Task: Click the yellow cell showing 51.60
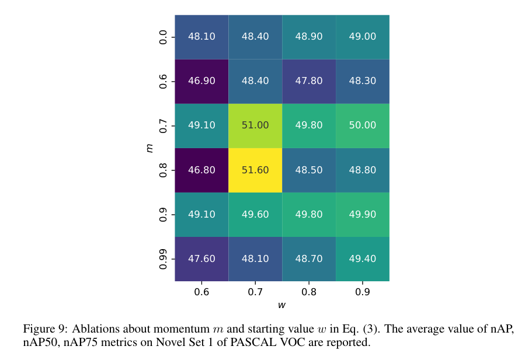(255, 170)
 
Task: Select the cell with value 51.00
(255, 125)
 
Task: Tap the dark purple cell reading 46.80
(201, 170)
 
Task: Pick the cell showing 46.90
(201, 81)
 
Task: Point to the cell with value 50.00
(362, 125)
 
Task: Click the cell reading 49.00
(362, 36)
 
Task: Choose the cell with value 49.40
(362, 258)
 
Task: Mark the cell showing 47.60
(201, 258)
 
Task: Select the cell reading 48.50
(308, 170)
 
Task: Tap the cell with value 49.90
(362, 214)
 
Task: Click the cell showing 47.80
(308, 81)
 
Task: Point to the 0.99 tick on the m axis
(164, 258)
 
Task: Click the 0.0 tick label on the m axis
(164, 37)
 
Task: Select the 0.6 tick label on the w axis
(201, 292)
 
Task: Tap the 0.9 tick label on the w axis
(362, 292)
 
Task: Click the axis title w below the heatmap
(281, 305)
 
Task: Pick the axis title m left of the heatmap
(150, 148)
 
